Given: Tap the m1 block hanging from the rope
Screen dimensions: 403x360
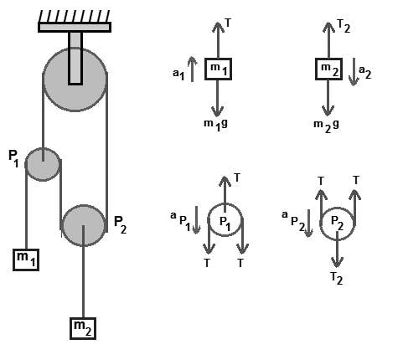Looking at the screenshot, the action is pyautogui.click(x=26, y=260).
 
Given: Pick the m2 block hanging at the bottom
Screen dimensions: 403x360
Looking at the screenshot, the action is pyautogui.click(x=83, y=328).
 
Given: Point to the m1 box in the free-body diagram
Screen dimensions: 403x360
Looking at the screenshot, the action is pyautogui.click(x=219, y=69).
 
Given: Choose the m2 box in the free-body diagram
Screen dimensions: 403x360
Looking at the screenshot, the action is pyautogui.click(x=329, y=69).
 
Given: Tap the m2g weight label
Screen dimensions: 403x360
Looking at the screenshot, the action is pyautogui.click(x=326, y=126).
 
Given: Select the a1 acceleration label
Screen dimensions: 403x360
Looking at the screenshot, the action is pyautogui.click(x=178, y=75).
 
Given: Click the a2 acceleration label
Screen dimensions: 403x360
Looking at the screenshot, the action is pyautogui.click(x=365, y=72).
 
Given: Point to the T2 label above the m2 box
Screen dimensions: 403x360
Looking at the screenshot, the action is pyautogui.click(x=344, y=27).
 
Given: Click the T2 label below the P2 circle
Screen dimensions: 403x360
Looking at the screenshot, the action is pyautogui.click(x=337, y=278).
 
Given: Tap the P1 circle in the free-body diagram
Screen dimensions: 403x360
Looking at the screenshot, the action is pyautogui.click(x=225, y=220).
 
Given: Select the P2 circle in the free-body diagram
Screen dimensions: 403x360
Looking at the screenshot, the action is pyautogui.click(x=338, y=224).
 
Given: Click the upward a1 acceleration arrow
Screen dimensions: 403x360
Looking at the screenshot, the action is pyautogui.click(x=192, y=69).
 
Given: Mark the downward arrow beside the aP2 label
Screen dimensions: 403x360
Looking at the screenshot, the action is pyautogui.click(x=308, y=223).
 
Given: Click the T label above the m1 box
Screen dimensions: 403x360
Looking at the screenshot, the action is pyautogui.click(x=228, y=23).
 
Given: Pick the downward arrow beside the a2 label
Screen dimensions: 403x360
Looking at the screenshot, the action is pyautogui.click(x=354, y=72).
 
